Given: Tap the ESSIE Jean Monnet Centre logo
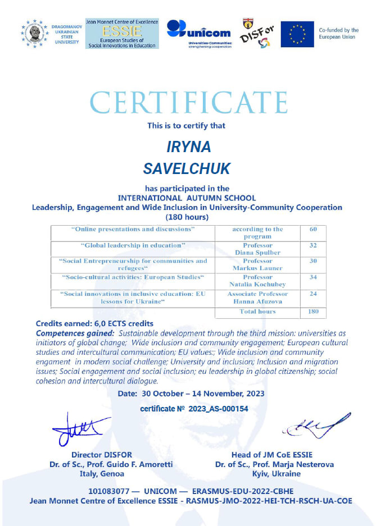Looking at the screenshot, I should pos(123,34).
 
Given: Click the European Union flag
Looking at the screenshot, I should pos(297,34).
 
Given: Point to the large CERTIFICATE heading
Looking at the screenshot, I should pos(188,103).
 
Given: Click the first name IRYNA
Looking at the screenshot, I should pos(189,147).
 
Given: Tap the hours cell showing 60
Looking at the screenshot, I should pos(313,229).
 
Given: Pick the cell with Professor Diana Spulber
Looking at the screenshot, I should pos(257,249).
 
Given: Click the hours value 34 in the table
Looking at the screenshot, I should pos(313,277).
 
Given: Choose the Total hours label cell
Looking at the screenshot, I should pos(257,311).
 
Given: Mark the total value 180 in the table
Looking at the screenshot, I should pos(313,311).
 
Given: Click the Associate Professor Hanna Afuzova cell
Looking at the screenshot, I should pos(257,298).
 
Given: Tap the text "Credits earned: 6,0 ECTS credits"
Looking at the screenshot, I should pos(94,324).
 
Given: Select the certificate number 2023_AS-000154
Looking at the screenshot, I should pos(221,409).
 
